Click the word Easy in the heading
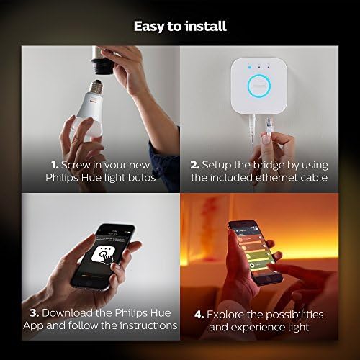(x=148, y=27)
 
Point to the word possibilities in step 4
(x=297, y=315)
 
